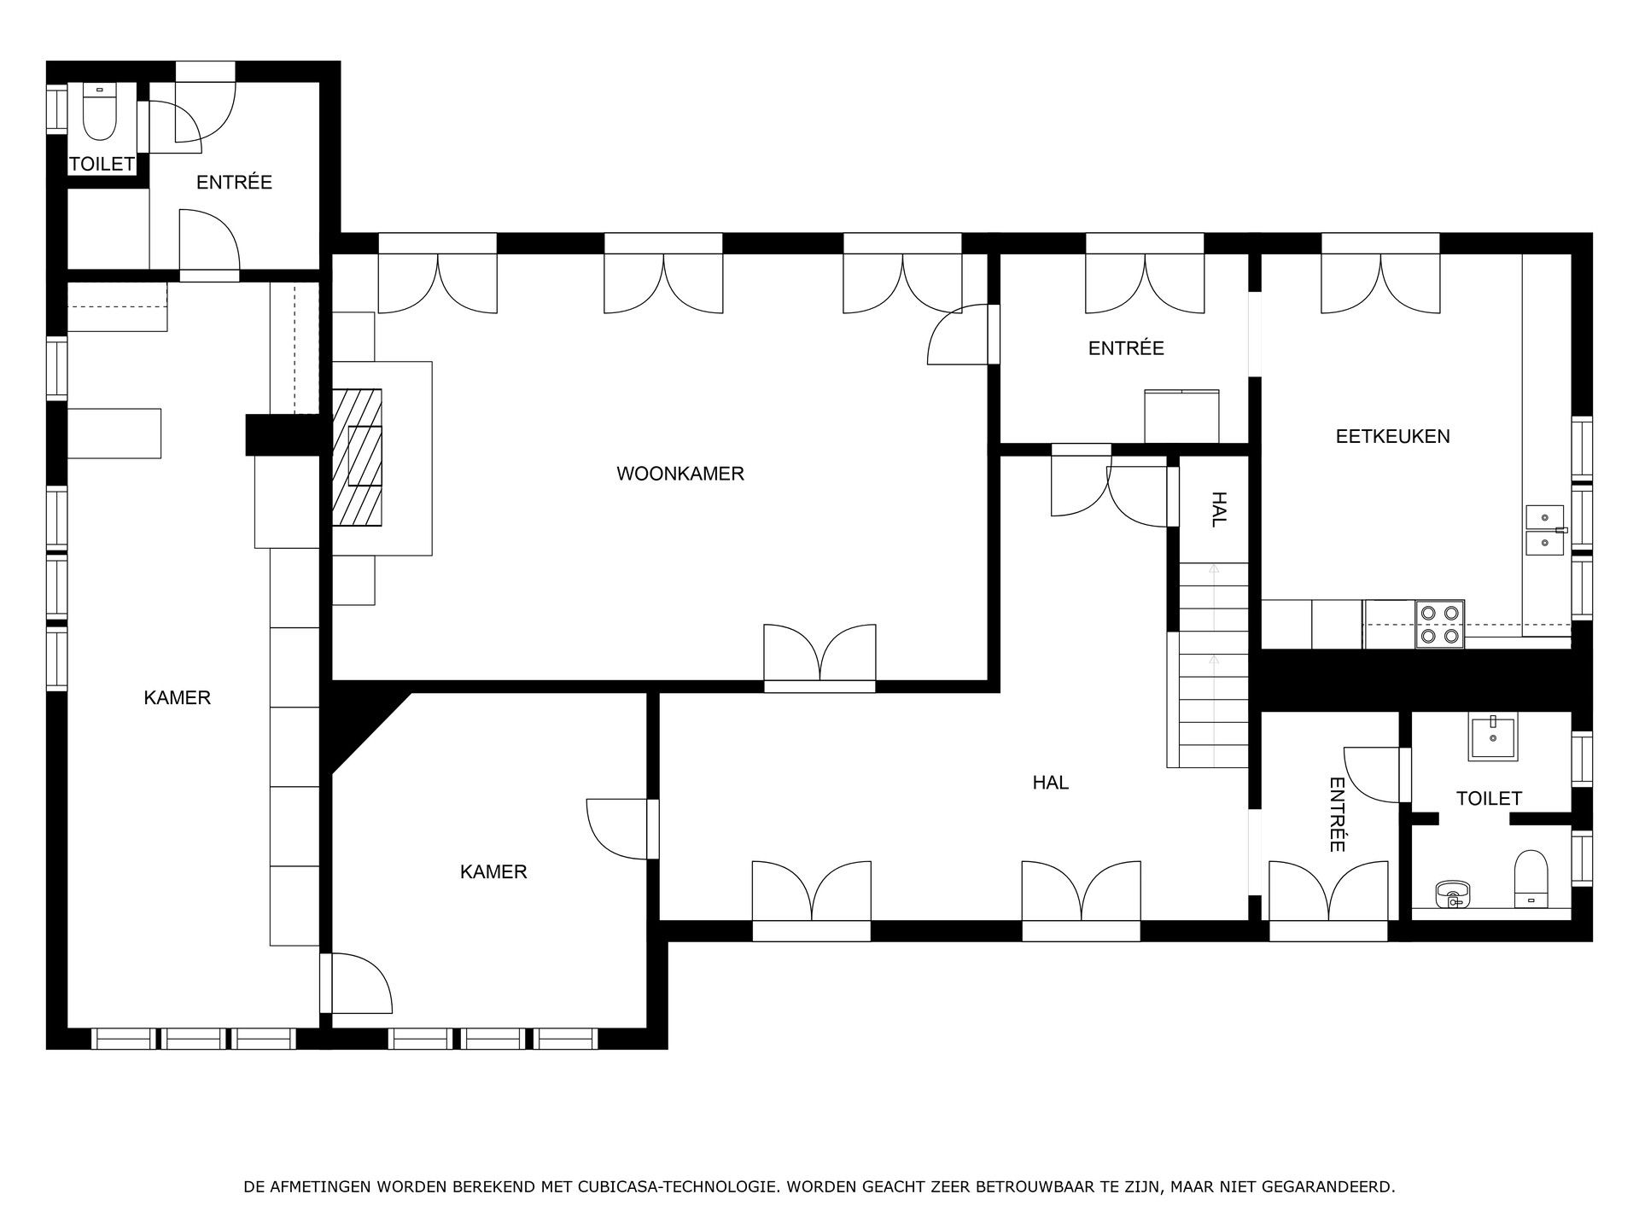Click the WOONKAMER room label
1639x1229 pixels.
(x=680, y=474)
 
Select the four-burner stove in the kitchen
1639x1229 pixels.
(x=1440, y=624)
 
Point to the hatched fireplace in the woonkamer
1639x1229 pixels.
(x=357, y=457)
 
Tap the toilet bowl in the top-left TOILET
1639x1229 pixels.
(x=101, y=115)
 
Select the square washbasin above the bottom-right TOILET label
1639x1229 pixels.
(x=1492, y=738)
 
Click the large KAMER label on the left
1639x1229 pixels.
(x=177, y=698)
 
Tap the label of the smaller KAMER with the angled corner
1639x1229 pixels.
(x=493, y=871)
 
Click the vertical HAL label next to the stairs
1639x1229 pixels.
(x=1218, y=510)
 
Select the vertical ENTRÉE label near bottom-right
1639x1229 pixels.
(x=1336, y=814)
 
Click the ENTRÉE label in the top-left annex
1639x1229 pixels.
(x=234, y=182)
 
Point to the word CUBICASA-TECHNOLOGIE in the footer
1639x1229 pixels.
(x=677, y=1187)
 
